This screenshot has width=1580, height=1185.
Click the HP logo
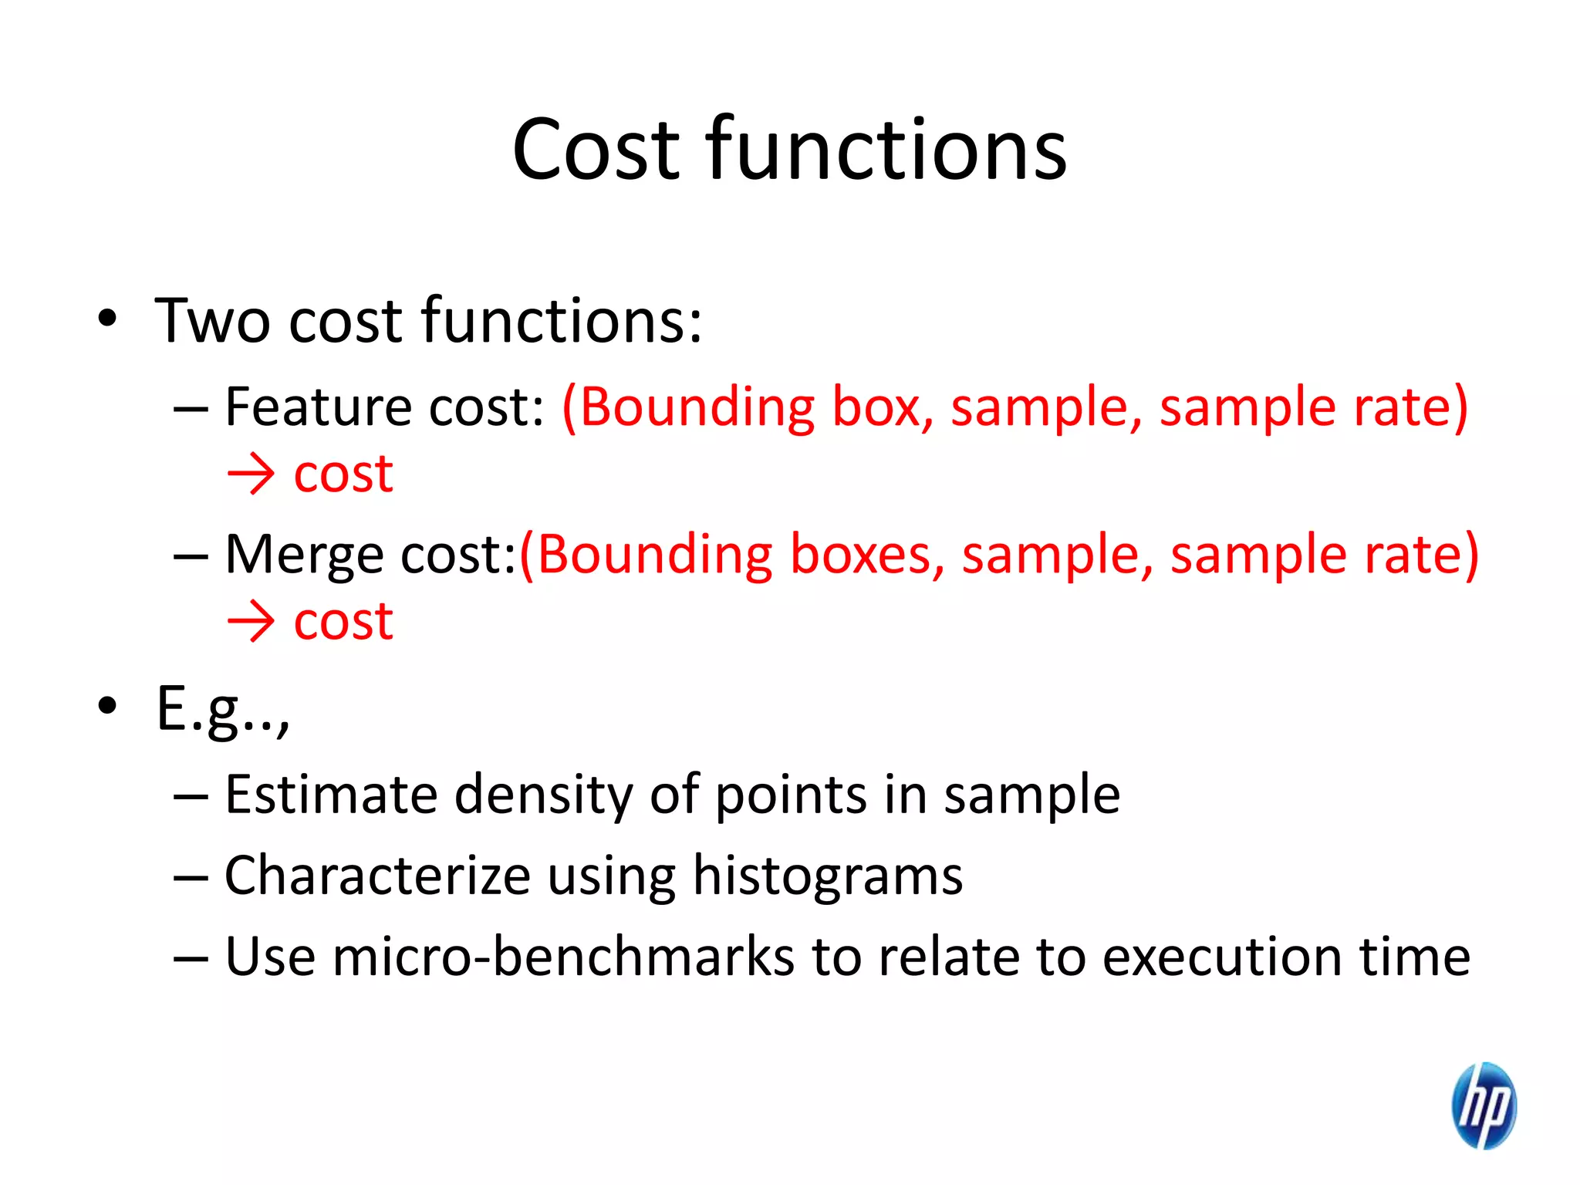(1484, 1105)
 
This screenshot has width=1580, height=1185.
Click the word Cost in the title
(595, 150)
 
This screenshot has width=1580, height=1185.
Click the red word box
(876, 407)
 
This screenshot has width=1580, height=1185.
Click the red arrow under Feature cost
(251, 474)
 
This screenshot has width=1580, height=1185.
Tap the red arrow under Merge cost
(251, 622)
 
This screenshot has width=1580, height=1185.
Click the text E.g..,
(223, 710)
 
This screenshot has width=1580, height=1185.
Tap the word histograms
(827, 877)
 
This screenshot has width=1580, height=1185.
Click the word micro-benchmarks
(563, 957)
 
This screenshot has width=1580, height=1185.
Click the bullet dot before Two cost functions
(107, 318)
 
